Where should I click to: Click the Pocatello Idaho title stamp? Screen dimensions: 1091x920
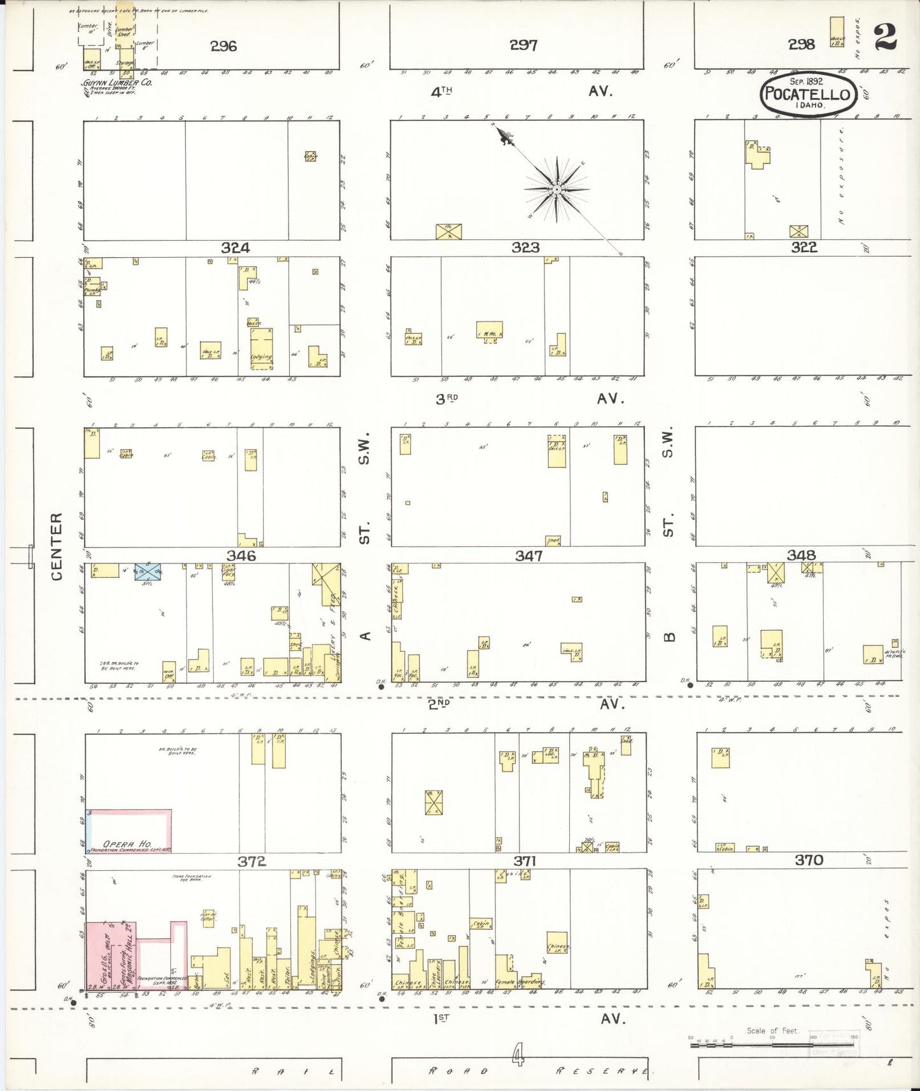click(807, 94)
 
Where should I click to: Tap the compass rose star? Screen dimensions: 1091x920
click(557, 189)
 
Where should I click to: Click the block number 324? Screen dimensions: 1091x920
click(235, 248)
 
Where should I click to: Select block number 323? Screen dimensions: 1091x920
click(525, 247)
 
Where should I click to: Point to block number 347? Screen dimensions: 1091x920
click(528, 556)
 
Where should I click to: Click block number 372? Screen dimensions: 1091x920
click(251, 861)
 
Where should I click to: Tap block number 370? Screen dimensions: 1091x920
click(809, 860)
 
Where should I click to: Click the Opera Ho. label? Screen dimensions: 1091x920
click(127, 843)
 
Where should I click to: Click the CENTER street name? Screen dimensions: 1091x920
click(57, 546)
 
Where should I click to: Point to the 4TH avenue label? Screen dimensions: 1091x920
click(441, 92)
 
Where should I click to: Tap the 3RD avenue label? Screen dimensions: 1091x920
click(447, 399)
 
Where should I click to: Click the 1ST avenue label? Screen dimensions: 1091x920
click(442, 1018)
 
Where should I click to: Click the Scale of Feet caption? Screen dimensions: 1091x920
click(772, 1031)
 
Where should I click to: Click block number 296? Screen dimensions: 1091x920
click(223, 46)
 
